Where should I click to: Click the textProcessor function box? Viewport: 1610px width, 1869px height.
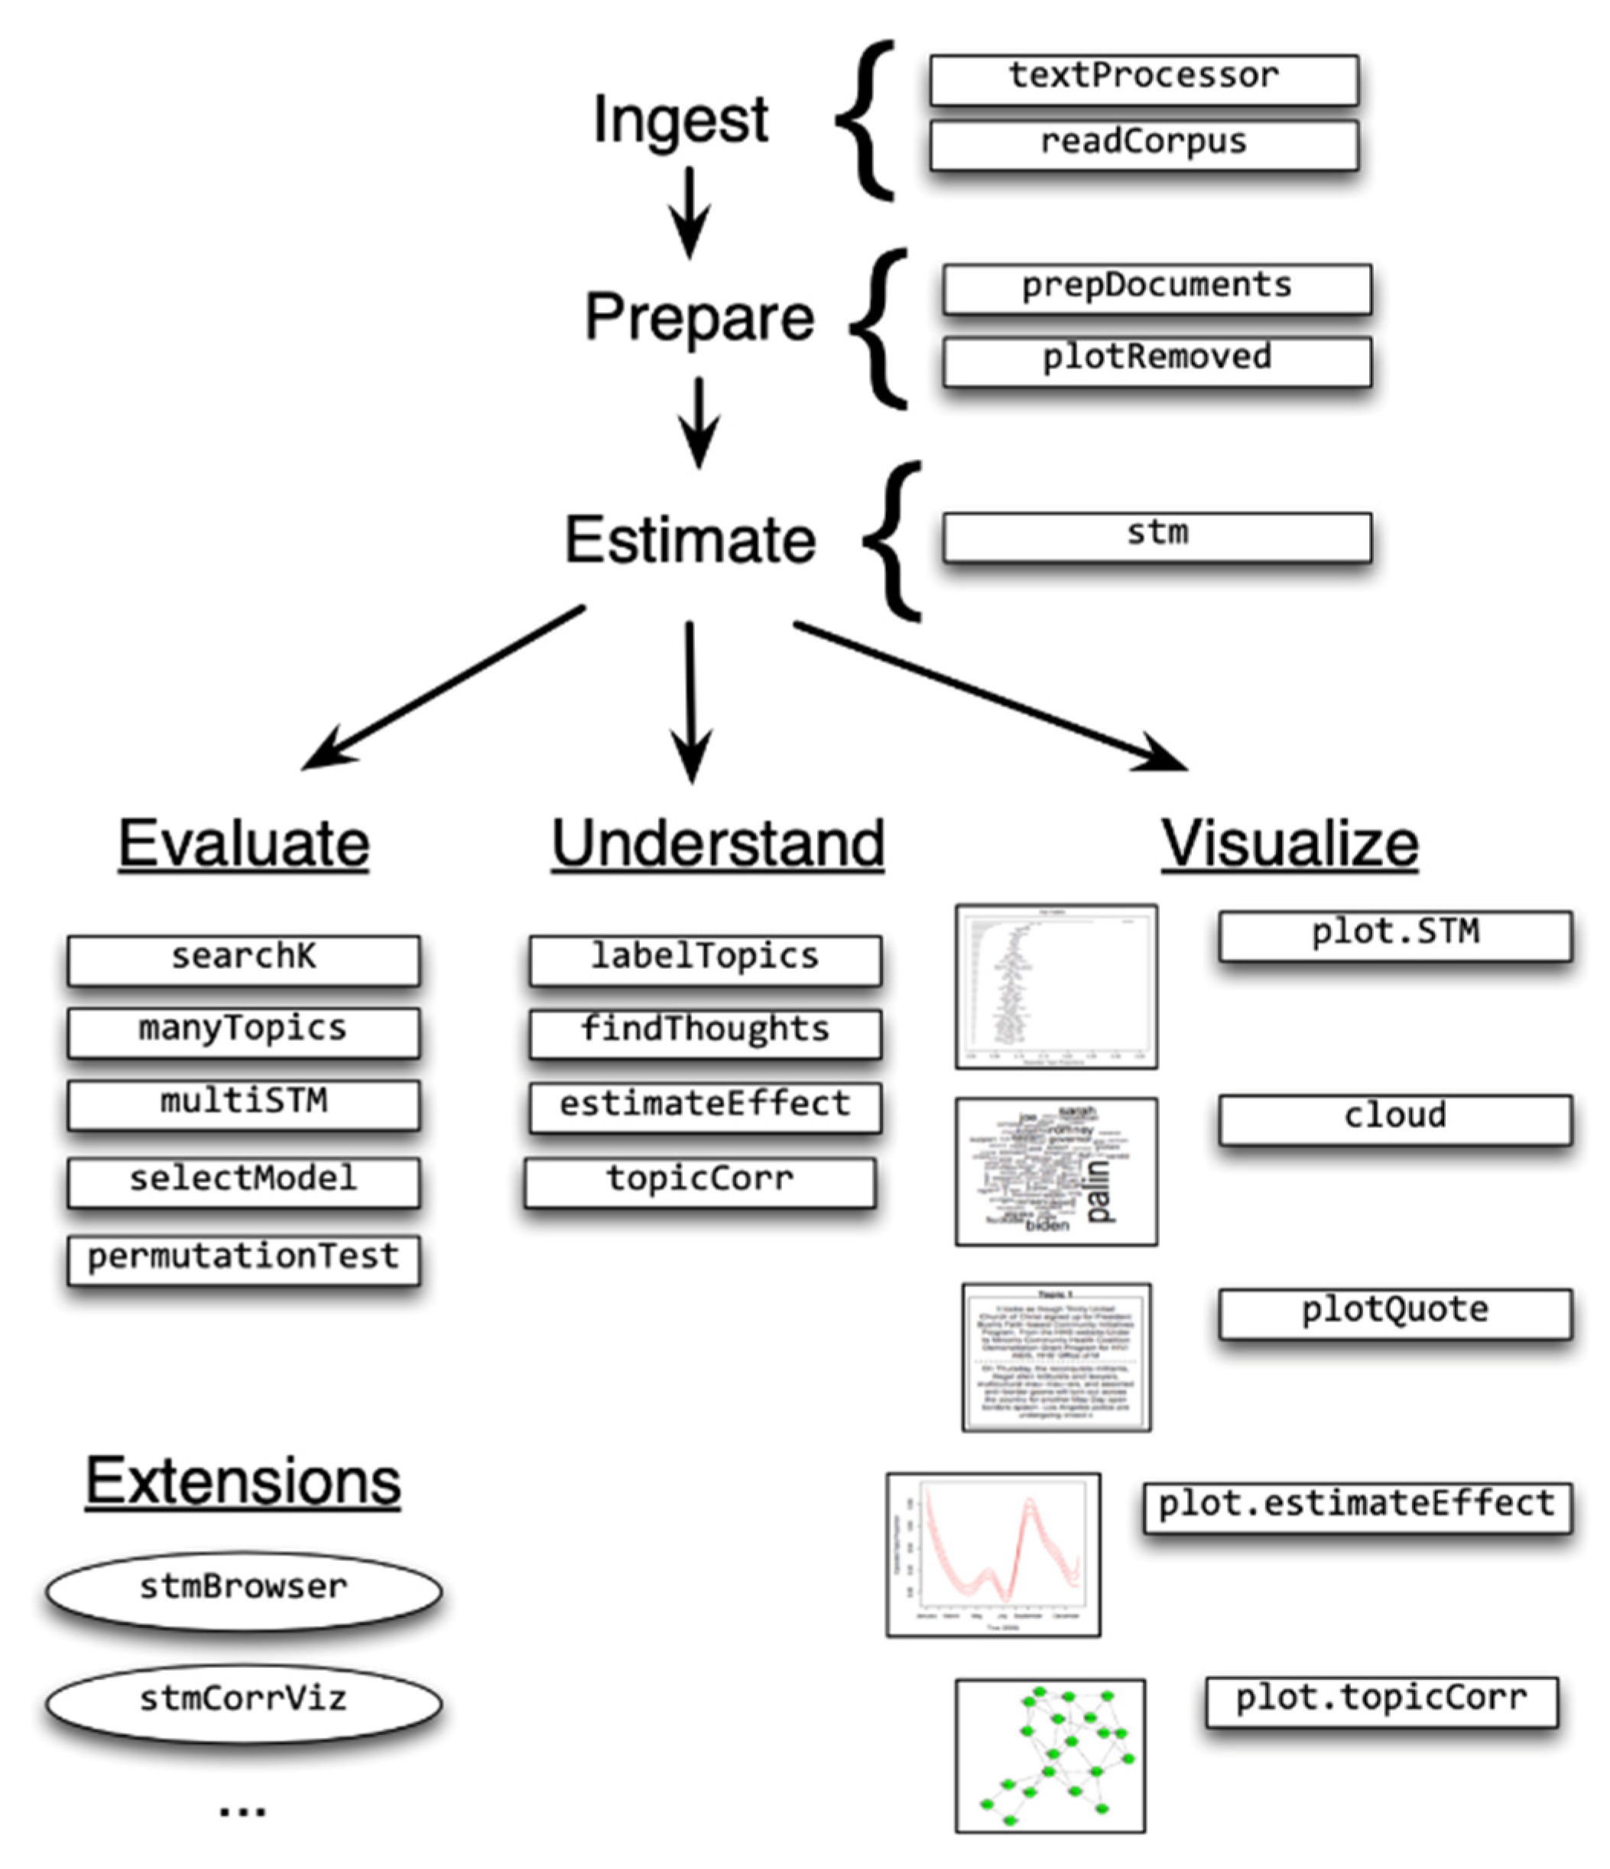pyautogui.click(x=1143, y=79)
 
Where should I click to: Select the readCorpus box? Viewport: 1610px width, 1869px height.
pyautogui.click(x=1143, y=145)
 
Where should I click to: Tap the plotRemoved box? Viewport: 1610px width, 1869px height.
pyautogui.click(x=1157, y=360)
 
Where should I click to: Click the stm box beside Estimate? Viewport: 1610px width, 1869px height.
pyautogui.click(x=1157, y=536)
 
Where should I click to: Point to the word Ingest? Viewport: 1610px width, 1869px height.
pyautogui.click(x=680, y=120)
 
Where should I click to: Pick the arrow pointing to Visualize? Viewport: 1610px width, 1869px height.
pyautogui.click(x=992, y=694)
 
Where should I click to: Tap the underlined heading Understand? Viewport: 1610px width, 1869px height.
pyautogui.click(x=717, y=844)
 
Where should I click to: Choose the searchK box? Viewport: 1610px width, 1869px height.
pyautogui.click(x=244, y=959)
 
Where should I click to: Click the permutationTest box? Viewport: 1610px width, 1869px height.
pyautogui.click(x=244, y=1258)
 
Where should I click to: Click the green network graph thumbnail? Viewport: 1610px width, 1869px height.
pyautogui.click(x=1050, y=1754)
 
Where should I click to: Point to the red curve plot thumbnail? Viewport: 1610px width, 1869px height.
pyautogui.click(x=992, y=1554)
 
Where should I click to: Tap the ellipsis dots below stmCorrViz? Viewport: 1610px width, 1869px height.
pyautogui.click(x=242, y=1809)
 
